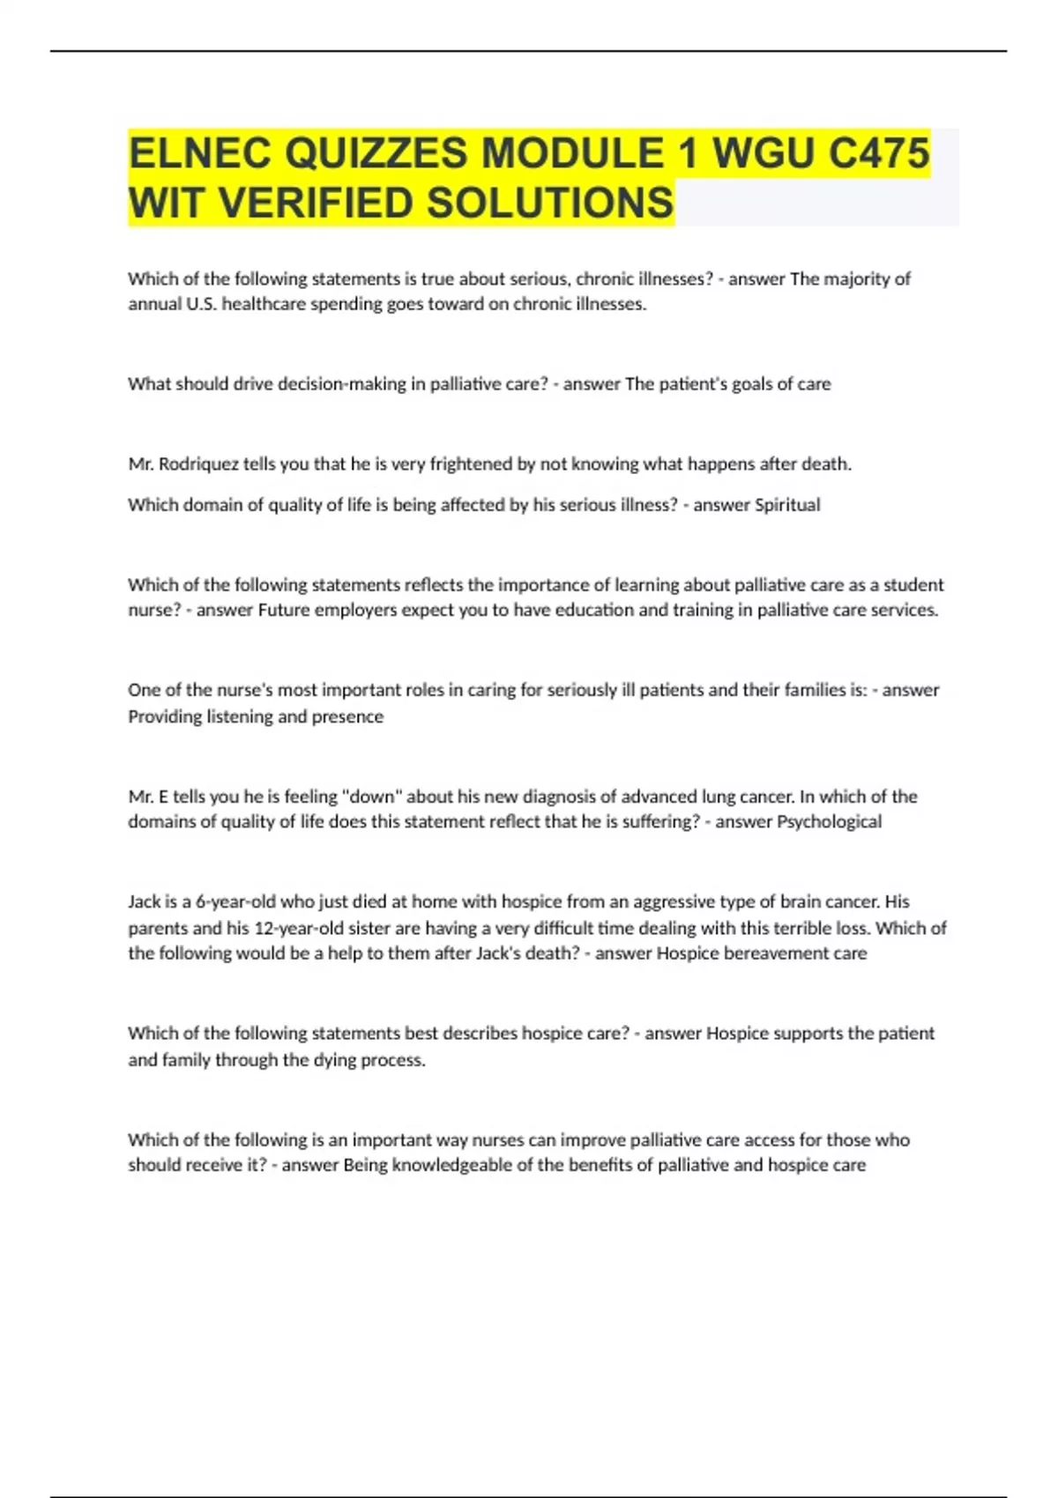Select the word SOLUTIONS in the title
[550, 203]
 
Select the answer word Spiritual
[787, 505]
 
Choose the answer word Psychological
[829, 821]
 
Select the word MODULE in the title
[571, 153]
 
